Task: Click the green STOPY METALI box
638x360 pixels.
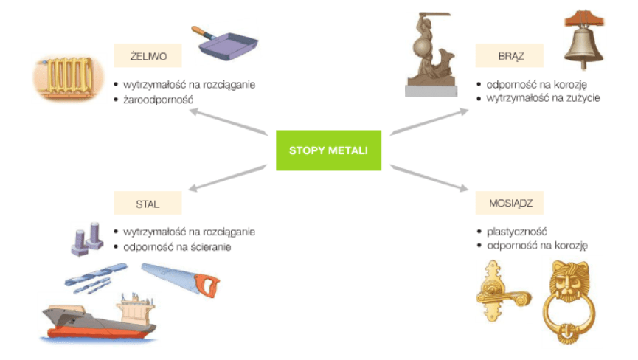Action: click(328, 150)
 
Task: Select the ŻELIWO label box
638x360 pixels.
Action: click(148, 55)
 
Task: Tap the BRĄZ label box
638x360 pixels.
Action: click(510, 55)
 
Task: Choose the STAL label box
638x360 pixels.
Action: click(148, 203)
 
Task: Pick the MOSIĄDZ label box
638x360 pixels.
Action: click(510, 203)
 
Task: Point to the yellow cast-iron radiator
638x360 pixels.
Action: click(68, 77)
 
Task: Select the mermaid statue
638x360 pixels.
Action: click(431, 55)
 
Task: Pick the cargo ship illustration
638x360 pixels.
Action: click(100, 318)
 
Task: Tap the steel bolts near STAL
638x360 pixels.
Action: click(87, 239)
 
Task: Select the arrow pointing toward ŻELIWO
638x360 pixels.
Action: click(229, 121)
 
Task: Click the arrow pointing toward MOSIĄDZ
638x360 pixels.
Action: click(430, 178)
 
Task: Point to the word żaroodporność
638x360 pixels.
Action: click(159, 100)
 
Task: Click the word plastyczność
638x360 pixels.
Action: click(517, 232)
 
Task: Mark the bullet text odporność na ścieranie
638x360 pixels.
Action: click(177, 247)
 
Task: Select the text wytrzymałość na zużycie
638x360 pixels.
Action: click(543, 97)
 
